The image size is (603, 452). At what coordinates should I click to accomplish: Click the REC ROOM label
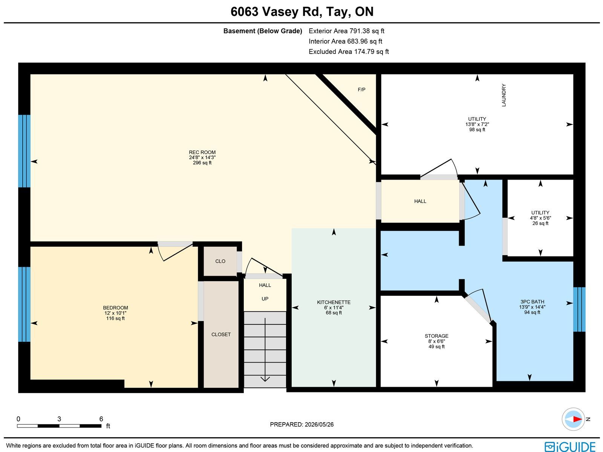click(202, 152)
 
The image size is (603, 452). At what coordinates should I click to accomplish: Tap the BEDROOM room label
click(115, 307)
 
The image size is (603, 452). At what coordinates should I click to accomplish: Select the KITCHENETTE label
click(334, 302)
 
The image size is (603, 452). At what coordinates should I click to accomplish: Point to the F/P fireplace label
click(361, 90)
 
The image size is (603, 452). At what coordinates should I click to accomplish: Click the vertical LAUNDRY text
click(504, 95)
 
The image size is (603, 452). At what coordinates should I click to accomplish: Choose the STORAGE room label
click(436, 336)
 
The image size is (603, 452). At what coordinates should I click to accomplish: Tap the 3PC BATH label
click(532, 301)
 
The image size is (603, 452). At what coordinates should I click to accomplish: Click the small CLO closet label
click(220, 261)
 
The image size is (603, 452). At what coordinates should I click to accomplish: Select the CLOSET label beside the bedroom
click(221, 334)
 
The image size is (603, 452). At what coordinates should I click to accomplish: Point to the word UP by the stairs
click(265, 299)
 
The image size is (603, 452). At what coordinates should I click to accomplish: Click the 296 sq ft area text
click(202, 163)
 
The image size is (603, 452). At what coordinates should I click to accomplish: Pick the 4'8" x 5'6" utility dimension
click(540, 218)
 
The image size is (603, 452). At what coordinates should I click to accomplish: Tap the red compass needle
click(577, 419)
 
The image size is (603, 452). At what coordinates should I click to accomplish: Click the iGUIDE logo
click(570, 447)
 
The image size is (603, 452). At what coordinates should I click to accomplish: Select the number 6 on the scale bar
click(101, 419)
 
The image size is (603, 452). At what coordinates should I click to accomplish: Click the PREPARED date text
click(301, 424)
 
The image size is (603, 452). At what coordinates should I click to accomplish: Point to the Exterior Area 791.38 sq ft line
click(346, 31)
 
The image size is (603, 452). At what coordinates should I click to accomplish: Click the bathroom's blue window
click(579, 310)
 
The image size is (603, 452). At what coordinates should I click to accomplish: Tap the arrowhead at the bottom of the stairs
click(265, 380)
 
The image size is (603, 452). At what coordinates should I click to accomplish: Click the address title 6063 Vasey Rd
click(275, 12)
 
